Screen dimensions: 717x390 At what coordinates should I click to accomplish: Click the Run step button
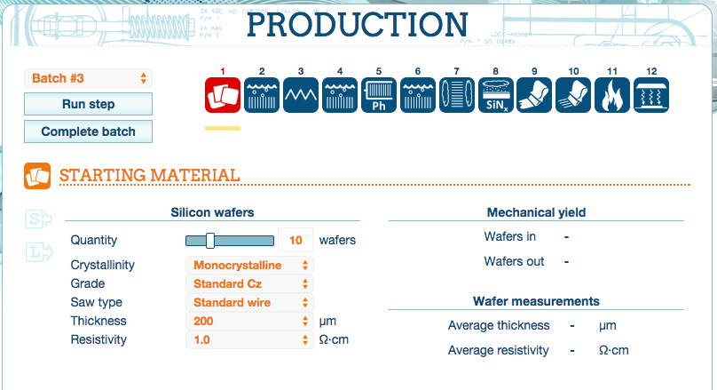coord(88,104)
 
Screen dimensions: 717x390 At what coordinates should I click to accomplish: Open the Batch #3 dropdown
coord(88,78)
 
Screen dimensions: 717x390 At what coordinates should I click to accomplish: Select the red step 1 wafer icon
coord(223,95)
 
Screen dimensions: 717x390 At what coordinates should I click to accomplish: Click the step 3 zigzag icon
coord(301,95)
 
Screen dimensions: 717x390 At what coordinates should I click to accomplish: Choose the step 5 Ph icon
coord(379,95)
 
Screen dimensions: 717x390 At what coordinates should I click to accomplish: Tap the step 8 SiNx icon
coord(496,95)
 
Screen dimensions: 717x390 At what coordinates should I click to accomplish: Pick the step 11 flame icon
coord(612,95)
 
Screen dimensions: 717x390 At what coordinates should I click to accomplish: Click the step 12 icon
coord(651,95)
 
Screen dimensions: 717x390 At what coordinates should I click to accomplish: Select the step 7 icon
coord(456,95)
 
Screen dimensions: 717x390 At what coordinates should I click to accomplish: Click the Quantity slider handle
coord(210,241)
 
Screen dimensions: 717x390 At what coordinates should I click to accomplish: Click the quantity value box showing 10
coord(295,240)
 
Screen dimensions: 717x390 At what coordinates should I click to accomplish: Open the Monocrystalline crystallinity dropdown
coord(249,265)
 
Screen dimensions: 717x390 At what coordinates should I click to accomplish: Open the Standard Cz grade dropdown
coord(249,283)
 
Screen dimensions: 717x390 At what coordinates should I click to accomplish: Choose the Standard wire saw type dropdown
coord(249,303)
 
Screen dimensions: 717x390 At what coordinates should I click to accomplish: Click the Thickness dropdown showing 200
coord(249,322)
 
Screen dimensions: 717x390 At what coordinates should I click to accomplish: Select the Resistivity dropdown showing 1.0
coord(249,340)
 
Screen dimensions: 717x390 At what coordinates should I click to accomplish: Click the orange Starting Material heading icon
coord(37,176)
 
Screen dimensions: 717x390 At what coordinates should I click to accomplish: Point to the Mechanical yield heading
coord(536,212)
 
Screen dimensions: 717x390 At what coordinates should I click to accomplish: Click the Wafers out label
coord(514,261)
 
